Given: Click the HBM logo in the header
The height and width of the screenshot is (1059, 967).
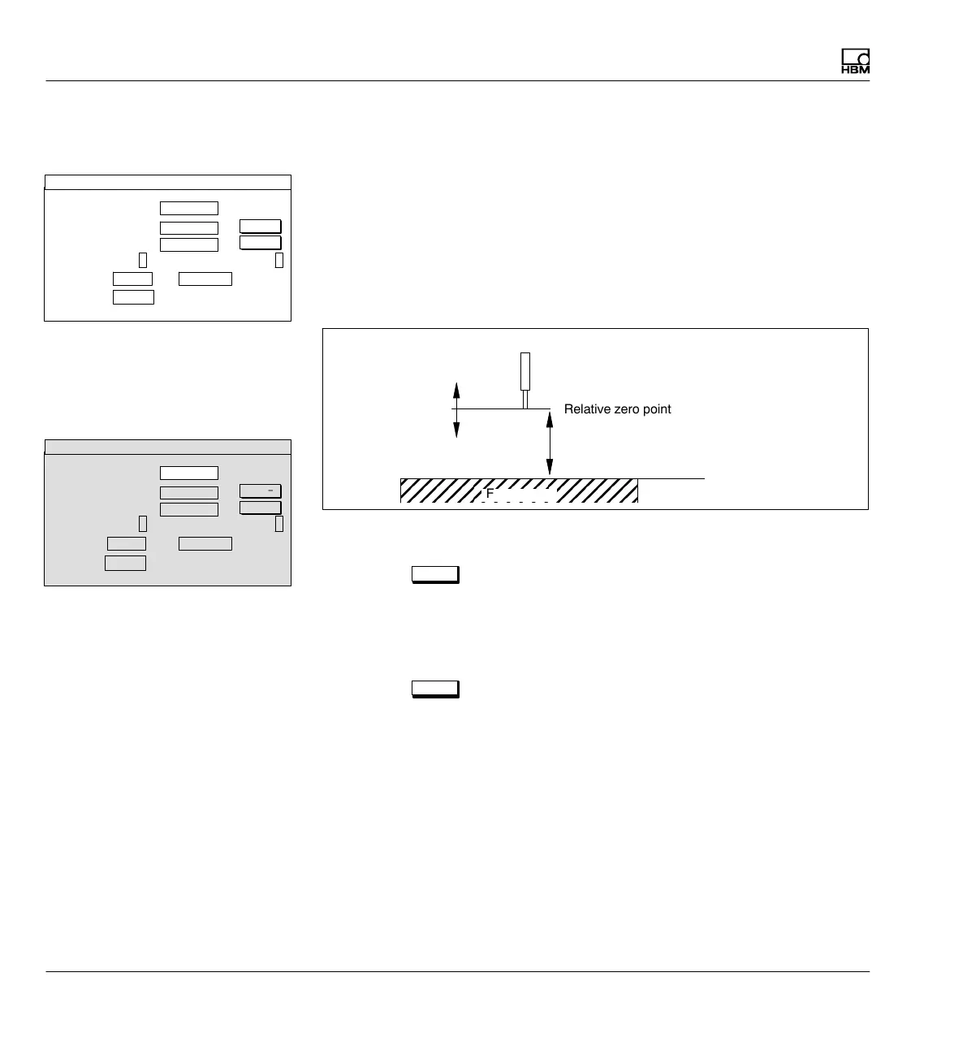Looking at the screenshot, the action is (855, 63).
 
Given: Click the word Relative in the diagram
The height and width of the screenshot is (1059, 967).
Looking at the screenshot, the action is (585, 409).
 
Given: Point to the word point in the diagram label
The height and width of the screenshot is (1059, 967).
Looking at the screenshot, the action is (656, 409).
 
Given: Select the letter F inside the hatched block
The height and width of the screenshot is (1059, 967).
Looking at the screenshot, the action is (490, 493).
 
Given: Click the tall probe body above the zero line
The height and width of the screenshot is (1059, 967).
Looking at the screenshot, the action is (525, 372).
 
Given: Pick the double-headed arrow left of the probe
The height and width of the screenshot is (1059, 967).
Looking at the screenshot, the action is (456, 409).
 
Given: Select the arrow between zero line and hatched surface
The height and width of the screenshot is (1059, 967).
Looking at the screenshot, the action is (550, 439).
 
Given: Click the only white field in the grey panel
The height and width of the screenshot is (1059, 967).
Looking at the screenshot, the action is (189, 473).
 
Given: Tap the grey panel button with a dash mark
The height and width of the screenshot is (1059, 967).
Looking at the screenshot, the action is (261, 491).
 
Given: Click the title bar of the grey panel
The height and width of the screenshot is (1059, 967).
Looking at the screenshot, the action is (167, 447).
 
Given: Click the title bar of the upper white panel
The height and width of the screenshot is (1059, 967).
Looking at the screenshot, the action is (167, 182).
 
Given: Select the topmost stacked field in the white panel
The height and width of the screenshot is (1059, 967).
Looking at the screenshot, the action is (189, 208).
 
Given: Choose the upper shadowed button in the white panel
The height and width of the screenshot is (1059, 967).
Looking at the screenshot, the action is (261, 227).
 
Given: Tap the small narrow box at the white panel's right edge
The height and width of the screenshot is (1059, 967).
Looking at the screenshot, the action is (279, 260).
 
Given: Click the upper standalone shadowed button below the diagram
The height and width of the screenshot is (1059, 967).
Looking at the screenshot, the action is (435, 575).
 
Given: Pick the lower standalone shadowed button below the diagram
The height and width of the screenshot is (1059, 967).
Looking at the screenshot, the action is (435, 689).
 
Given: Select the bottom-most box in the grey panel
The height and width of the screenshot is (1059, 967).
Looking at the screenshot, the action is (126, 563).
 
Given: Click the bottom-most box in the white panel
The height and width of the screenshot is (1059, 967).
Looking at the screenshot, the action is (133, 296).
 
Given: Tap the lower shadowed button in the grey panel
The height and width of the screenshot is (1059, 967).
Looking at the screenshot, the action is (261, 508).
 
